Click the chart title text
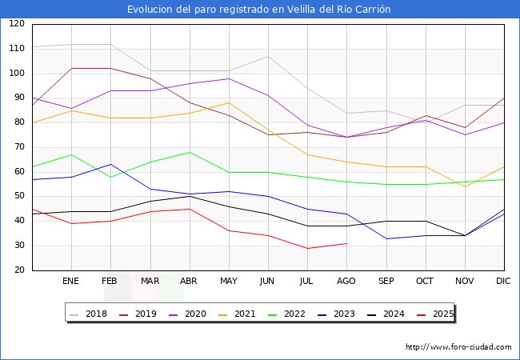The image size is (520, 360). click(x=259, y=10)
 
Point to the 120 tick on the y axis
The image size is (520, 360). click(x=16, y=24)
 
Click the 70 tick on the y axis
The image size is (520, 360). click(x=18, y=147)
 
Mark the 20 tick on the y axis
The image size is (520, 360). click(x=18, y=270)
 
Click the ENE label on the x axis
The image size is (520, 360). click(x=71, y=282)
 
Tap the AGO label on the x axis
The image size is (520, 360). click(x=346, y=282)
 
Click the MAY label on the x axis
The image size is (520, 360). click(x=229, y=282)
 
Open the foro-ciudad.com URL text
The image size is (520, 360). click(x=458, y=347)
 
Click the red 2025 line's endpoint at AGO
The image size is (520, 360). click(x=346, y=243)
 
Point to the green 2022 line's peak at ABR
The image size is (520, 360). click(x=190, y=152)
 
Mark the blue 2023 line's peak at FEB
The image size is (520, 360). click(x=110, y=164)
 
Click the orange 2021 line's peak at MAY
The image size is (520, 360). click(x=229, y=102)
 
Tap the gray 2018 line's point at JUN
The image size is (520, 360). click(x=268, y=56)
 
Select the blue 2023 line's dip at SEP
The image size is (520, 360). click(x=386, y=238)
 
